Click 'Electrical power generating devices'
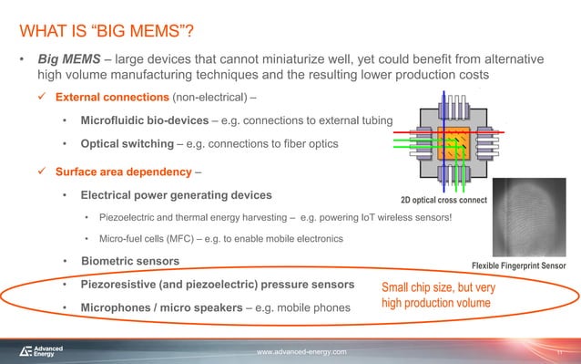[x=176, y=195]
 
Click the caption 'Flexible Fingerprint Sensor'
[x=518, y=265]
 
